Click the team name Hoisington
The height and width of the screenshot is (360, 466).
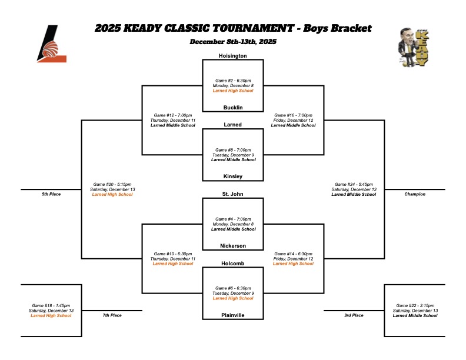coord(232,56)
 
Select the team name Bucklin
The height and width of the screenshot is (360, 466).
coord(232,108)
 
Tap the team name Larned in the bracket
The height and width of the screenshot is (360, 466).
coord(232,125)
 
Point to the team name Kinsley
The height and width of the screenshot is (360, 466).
coord(232,176)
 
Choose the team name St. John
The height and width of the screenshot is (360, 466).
coord(232,194)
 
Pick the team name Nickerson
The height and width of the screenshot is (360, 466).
coord(232,245)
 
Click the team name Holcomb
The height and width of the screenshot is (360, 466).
coord(232,263)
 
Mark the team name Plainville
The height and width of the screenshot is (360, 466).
coord(232,315)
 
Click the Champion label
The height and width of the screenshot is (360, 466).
coord(415,194)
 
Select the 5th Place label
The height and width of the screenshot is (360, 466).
coord(51,194)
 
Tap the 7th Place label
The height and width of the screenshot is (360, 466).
coord(112,315)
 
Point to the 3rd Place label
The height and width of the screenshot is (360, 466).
coord(354,315)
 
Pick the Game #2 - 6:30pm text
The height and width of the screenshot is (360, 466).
coord(232,81)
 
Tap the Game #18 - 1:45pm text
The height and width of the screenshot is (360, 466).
coord(51,305)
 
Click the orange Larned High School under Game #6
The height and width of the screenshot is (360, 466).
coord(232,298)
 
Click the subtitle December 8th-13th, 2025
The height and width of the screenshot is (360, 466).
coord(233,42)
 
